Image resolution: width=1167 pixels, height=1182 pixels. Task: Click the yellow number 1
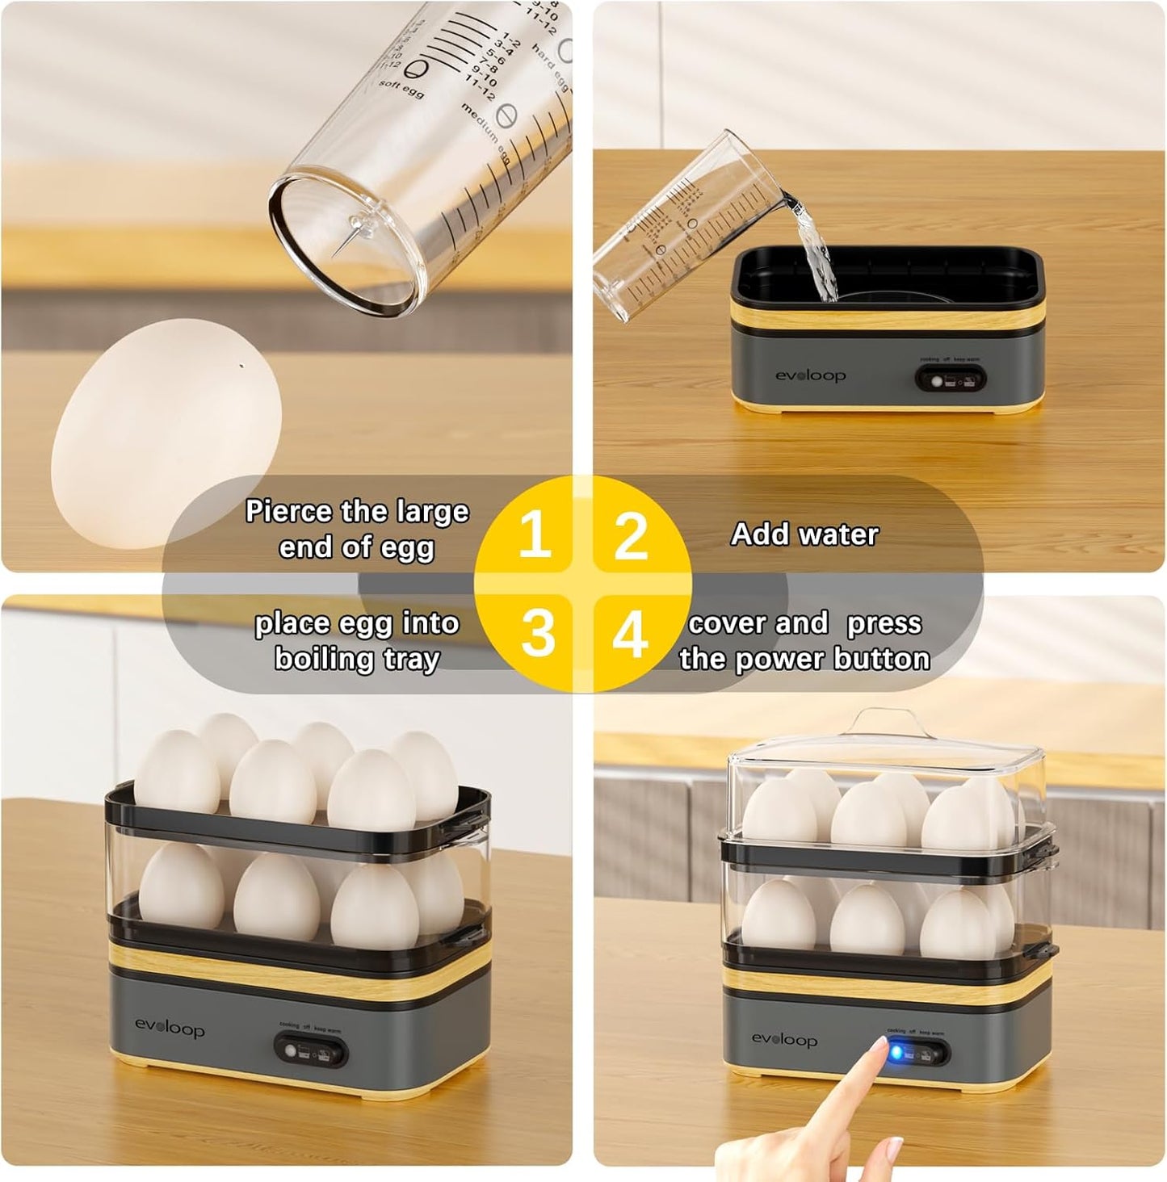(x=535, y=534)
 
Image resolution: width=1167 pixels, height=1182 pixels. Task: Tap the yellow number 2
(x=631, y=535)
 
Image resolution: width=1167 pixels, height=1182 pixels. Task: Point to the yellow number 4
(x=630, y=633)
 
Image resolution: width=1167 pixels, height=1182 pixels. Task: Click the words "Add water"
(x=804, y=534)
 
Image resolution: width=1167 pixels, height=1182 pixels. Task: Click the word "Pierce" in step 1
(x=288, y=512)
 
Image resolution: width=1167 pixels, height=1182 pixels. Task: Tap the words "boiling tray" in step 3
(x=357, y=659)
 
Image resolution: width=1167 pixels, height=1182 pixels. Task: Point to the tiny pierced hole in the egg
(x=242, y=366)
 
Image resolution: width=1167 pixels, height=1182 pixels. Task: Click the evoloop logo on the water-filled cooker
(x=810, y=375)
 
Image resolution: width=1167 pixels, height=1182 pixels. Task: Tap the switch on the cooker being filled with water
(x=950, y=379)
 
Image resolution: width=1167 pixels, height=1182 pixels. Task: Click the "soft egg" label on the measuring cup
(x=401, y=90)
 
